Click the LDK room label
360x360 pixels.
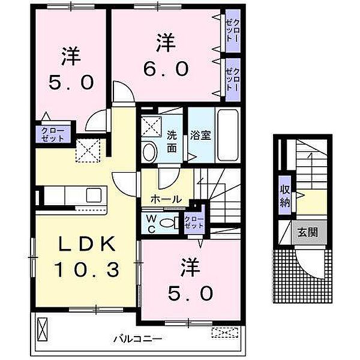pyautogui.click(x=87, y=244)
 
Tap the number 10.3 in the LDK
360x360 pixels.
pyautogui.click(x=86, y=270)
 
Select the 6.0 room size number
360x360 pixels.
pyautogui.click(x=166, y=68)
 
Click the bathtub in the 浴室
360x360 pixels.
pyautogui.click(x=228, y=135)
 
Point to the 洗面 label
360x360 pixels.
pyautogui.click(x=172, y=142)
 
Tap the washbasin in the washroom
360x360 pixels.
pyautogui.click(x=149, y=152)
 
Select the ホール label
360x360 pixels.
pyautogui.click(x=166, y=199)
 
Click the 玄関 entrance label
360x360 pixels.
pyautogui.click(x=308, y=233)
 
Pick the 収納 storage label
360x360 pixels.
pyautogui.click(x=284, y=196)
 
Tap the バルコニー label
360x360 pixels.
pyautogui.click(x=138, y=338)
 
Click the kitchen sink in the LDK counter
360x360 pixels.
pyautogui.click(x=94, y=195)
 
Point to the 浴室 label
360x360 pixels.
pyautogui.click(x=200, y=136)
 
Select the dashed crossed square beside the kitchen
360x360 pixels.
pyautogui.click(x=88, y=151)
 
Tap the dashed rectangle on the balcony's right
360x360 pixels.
pyautogui.click(x=224, y=332)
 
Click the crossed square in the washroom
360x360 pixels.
pyautogui.click(x=152, y=127)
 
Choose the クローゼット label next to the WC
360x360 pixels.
pyautogui.click(x=194, y=222)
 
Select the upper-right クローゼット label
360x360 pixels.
pyautogui.click(x=233, y=31)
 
